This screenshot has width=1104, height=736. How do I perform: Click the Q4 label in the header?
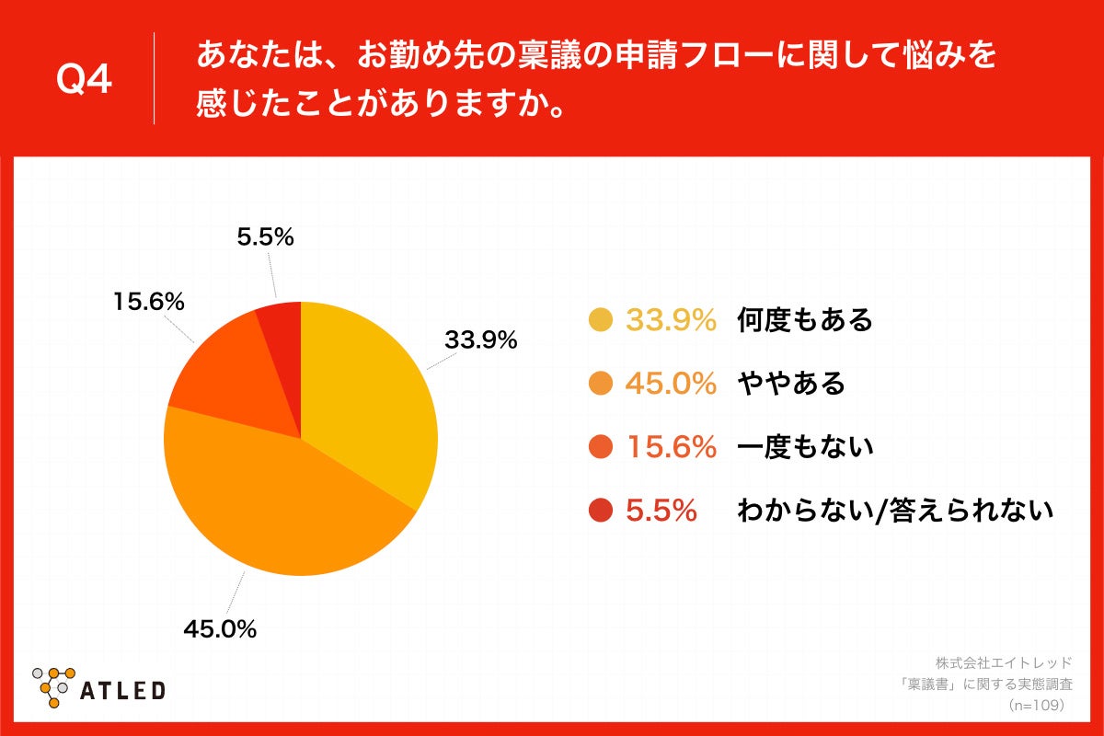(x=84, y=80)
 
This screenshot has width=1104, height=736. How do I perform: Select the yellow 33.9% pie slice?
(x=368, y=396)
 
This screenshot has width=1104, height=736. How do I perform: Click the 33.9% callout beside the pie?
(x=480, y=339)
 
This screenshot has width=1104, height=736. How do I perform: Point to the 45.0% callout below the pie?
(x=219, y=629)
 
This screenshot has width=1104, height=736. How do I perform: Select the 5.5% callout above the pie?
(x=265, y=237)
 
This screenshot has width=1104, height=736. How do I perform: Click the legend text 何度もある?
(x=804, y=320)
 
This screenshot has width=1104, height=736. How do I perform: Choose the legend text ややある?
(x=790, y=384)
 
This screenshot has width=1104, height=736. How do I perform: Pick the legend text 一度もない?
(x=804, y=447)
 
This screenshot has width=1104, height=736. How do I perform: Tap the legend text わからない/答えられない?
(x=894, y=511)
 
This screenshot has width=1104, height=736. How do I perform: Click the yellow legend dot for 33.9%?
(x=600, y=320)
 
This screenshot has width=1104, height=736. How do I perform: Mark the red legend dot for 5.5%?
(x=600, y=511)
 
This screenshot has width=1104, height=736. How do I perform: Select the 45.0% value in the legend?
(x=671, y=384)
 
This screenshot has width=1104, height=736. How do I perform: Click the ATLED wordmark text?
(x=122, y=690)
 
